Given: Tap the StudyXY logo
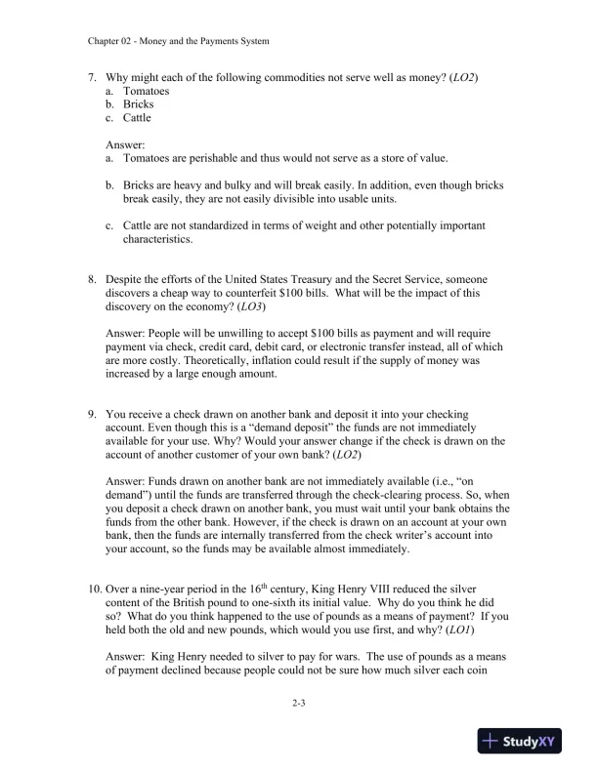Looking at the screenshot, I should (524, 742).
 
